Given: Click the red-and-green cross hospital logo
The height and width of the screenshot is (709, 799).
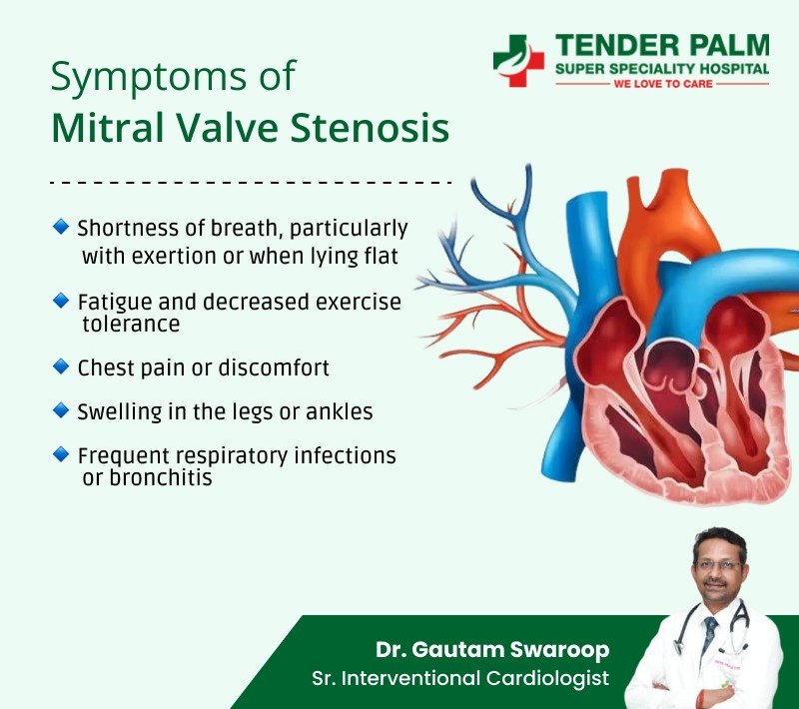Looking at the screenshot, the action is pos(518,60).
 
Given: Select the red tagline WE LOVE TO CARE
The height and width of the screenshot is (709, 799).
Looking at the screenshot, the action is pos(663,84).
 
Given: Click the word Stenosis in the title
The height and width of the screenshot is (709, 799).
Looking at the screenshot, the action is pos(370,128).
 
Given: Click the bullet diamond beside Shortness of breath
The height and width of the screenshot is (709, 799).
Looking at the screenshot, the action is pos(61,227).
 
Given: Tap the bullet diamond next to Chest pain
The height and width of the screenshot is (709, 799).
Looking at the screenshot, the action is pos(61,366).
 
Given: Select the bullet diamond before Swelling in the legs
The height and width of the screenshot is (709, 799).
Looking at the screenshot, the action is pos(61,410).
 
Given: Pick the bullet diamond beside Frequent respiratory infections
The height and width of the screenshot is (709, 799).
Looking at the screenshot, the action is pos(61,453).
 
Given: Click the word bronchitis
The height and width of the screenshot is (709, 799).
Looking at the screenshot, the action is pos(161,477).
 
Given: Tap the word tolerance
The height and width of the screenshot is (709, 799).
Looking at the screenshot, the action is pos(131,324).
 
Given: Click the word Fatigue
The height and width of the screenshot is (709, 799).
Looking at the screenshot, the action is pos(115,303).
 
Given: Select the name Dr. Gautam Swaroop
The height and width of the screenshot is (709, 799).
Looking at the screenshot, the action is pos(492,649).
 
